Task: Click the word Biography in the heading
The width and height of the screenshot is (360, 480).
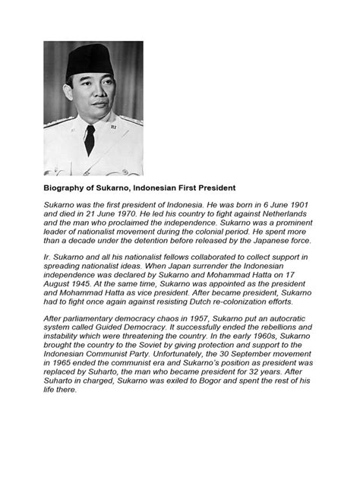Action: [x=65, y=185]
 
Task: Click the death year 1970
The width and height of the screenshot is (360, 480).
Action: [x=149, y=215]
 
